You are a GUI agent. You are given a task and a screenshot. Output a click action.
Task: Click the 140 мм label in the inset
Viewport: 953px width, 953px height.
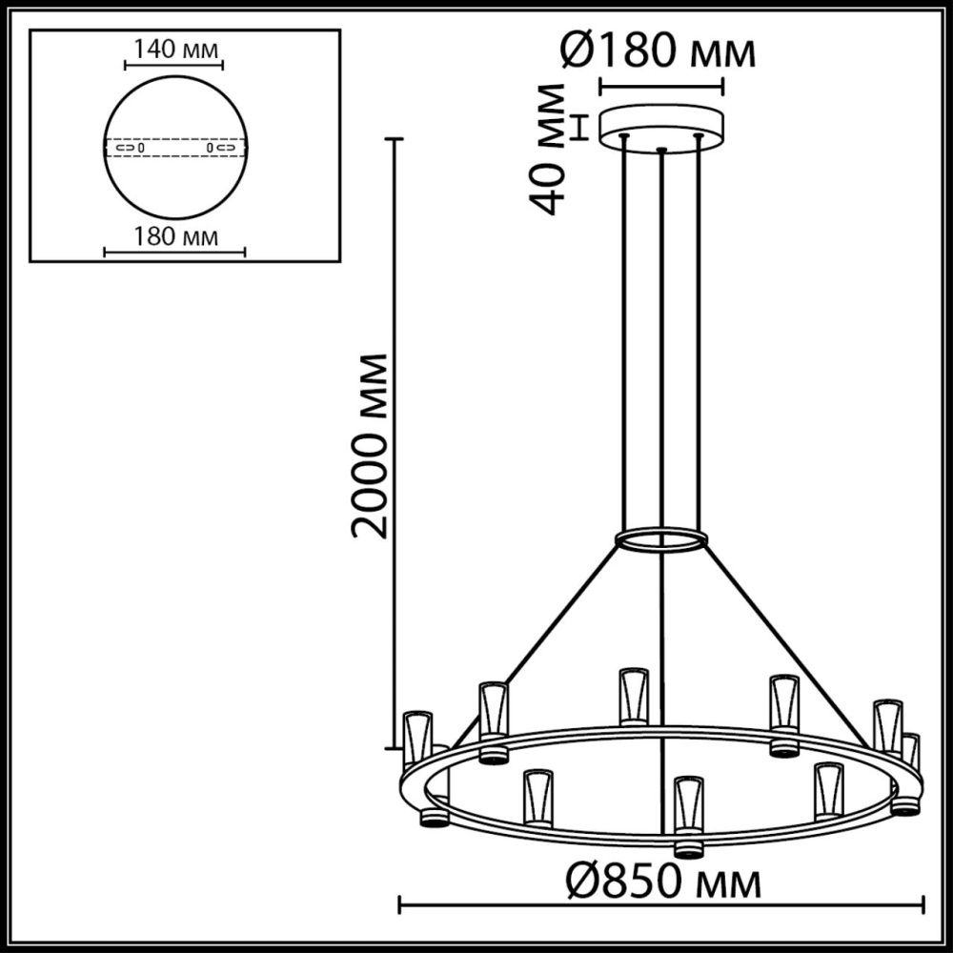click(x=172, y=49)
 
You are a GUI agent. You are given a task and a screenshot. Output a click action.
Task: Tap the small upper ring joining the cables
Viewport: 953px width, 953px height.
click(x=661, y=541)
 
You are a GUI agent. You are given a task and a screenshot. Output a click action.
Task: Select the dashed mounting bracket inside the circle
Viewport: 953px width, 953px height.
click(x=174, y=149)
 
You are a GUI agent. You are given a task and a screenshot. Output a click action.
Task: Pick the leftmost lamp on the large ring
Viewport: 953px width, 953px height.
click(x=416, y=739)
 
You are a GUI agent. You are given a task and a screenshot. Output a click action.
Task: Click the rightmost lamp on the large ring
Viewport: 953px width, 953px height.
click(x=910, y=753)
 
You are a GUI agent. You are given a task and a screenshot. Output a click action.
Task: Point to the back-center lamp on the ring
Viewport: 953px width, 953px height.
click(x=633, y=696)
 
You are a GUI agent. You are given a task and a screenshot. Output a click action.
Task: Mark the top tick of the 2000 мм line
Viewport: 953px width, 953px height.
click(x=394, y=139)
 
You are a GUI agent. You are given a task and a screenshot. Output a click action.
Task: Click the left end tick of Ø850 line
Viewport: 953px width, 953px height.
click(x=399, y=903)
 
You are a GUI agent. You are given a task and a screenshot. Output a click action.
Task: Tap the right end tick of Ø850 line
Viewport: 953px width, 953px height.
click(x=923, y=903)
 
